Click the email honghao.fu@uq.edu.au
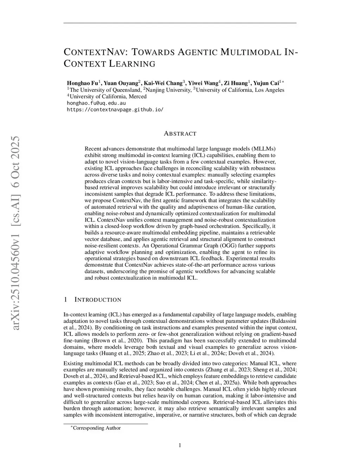click(96, 103)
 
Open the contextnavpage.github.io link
click(115, 109)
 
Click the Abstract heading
click(180, 134)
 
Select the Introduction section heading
click(98, 300)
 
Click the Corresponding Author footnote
click(96, 428)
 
